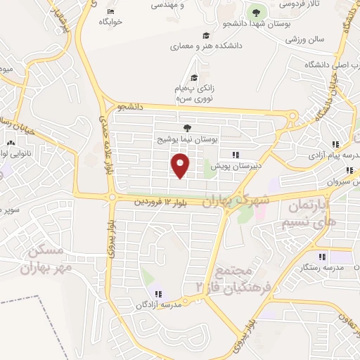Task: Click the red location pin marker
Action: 181,166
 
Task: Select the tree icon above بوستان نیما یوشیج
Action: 187,128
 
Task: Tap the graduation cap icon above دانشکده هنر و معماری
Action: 206,36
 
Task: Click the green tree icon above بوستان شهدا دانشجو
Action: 255,12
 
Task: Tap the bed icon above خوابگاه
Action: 110,12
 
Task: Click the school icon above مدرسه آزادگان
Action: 156,293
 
